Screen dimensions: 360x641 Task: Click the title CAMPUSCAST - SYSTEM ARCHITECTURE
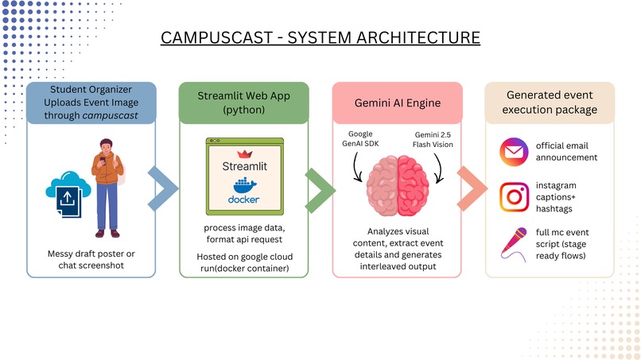click(320, 38)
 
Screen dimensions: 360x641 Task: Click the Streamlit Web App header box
click(243, 102)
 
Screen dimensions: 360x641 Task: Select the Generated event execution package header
click(550, 102)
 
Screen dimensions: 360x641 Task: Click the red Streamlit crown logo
click(243, 153)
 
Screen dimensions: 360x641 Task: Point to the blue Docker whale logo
click(243, 187)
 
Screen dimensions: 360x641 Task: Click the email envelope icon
click(512, 151)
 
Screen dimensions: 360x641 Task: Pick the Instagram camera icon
click(512, 196)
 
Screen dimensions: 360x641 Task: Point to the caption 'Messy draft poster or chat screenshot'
click(91, 261)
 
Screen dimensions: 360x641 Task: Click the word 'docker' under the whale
click(243, 199)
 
